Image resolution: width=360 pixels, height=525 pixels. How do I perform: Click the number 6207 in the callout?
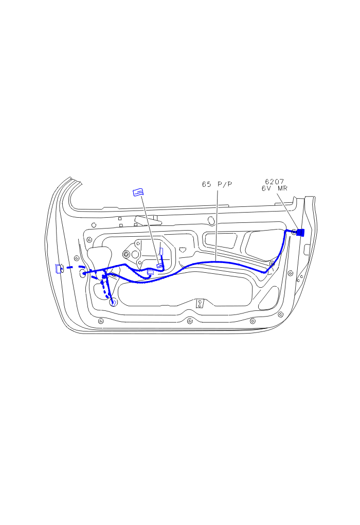tap(274, 182)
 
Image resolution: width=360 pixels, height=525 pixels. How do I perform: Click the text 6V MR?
tap(274, 188)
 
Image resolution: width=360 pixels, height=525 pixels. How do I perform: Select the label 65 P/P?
tap(217, 184)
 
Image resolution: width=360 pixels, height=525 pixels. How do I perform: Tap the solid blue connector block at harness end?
tap(300, 232)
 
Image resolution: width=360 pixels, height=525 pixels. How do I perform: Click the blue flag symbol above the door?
tap(138, 192)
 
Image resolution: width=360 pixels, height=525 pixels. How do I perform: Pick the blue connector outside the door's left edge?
tap(59, 268)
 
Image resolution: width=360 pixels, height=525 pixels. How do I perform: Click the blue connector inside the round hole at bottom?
tap(114, 303)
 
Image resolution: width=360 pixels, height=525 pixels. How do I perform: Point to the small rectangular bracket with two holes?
tap(200, 303)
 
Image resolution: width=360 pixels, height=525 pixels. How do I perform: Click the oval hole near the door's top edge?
tap(211, 220)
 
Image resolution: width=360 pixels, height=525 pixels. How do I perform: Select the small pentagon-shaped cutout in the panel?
tap(183, 250)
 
